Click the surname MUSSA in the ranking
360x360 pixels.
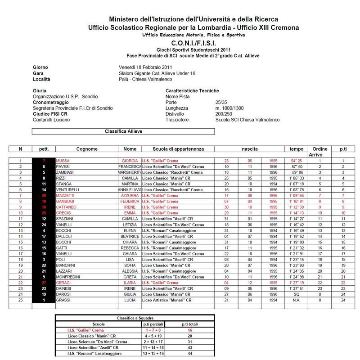click(63, 161)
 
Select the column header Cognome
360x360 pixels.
click(86, 149)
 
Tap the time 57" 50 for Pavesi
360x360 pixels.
click(296, 166)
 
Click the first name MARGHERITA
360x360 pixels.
click(130, 172)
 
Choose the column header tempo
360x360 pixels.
click(297, 149)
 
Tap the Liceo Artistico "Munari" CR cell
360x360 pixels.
click(167, 301)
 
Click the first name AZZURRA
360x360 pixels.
click(130, 196)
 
